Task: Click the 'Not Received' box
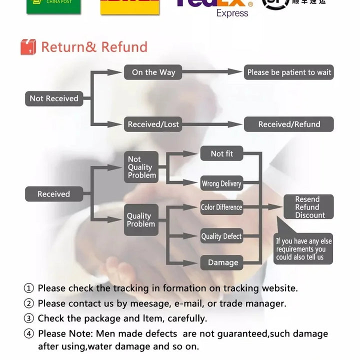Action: (x=54, y=98)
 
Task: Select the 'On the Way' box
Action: (x=153, y=72)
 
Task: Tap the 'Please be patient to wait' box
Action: (x=289, y=72)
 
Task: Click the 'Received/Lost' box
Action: (x=153, y=124)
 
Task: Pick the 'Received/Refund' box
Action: (x=289, y=124)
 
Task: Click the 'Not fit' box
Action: (x=221, y=153)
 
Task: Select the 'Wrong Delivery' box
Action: (x=221, y=183)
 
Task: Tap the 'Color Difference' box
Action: (x=221, y=207)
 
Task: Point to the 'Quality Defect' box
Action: (x=221, y=236)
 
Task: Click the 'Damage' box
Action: (x=222, y=262)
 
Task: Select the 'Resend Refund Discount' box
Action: (x=308, y=207)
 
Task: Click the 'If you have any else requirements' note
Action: (x=303, y=249)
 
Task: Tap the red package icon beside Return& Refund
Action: (x=28, y=47)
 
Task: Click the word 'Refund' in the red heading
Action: (x=124, y=47)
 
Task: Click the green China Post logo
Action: (x=53, y=5)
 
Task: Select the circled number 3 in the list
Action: (x=29, y=318)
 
